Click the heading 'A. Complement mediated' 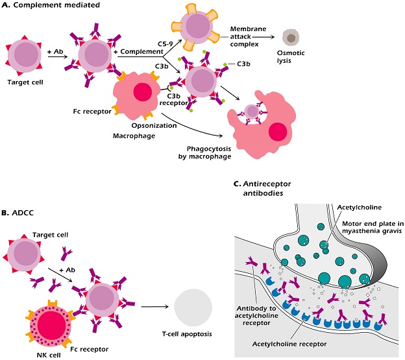point(51,5)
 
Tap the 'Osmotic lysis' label point(291,57)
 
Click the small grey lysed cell point(291,38)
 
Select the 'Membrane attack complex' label point(244,36)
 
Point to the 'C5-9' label point(166,44)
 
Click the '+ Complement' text point(138,52)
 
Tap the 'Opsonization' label point(154,126)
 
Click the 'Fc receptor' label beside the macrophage point(92,112)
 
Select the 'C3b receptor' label point(173,99)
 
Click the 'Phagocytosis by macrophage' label point(205,153)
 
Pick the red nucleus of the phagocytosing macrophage point(278,132)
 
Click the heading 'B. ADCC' point(18,213)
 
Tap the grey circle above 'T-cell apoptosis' point(193,307)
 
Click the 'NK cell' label point(49,355)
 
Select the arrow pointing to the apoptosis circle point(154,307)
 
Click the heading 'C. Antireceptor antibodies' point(262,188)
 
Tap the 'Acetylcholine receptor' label point(289,344)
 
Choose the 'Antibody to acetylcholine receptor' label point(256,316)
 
